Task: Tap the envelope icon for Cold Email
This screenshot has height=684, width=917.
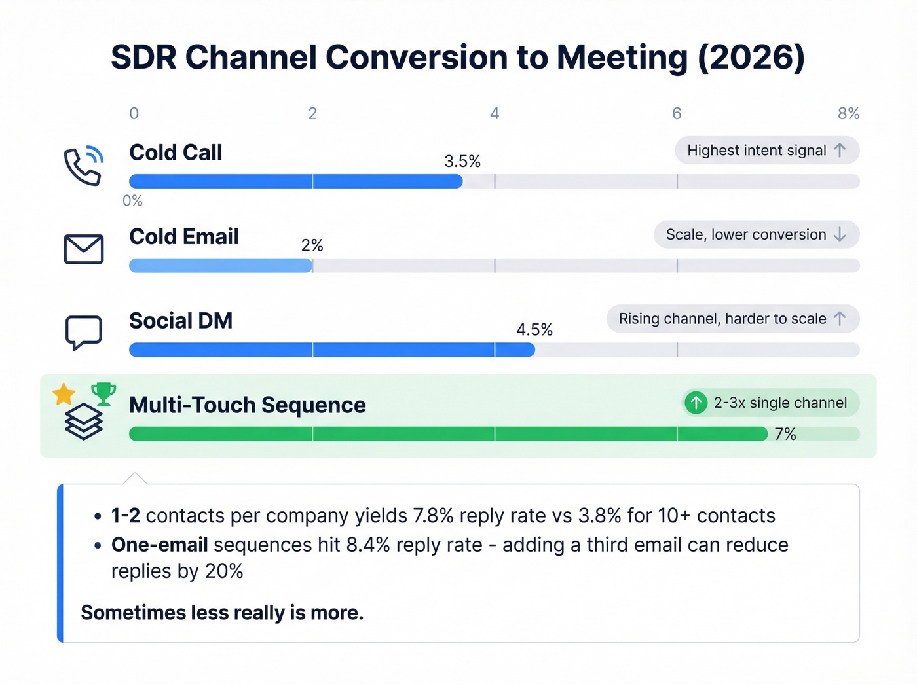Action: [x=83, y=249]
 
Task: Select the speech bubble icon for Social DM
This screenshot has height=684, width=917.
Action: [x=83, y=333]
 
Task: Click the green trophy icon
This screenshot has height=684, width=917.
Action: [x=103, y=393]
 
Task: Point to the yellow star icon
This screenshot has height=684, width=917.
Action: [x=64, y=395]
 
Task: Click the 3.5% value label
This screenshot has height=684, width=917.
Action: [x=462, y=162]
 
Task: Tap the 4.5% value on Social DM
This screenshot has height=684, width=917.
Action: [x=534, y=330]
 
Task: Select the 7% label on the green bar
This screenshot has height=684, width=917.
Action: [x=785, y=435]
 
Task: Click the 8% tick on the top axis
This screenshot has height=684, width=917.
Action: [x=848, y=114]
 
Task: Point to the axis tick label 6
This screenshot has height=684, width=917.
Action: [x=677, y=114]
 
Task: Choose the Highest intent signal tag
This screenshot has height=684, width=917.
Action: [x=766, y=151]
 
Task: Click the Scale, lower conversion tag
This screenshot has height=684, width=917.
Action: [x=756, y=234]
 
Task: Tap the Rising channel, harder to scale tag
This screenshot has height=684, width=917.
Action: [x=732, y=319]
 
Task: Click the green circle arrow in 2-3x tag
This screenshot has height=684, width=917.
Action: [x=696, y=403]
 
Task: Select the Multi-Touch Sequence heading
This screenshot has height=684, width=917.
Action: [x=247, y=405]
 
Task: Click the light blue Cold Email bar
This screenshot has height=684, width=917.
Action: [x=221, y=266]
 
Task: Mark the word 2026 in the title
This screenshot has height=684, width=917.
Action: [x=751, y=58]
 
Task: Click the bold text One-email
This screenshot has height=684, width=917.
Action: [x=160, y=545]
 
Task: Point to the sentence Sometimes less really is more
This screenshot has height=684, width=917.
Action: [x=222, y=613]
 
